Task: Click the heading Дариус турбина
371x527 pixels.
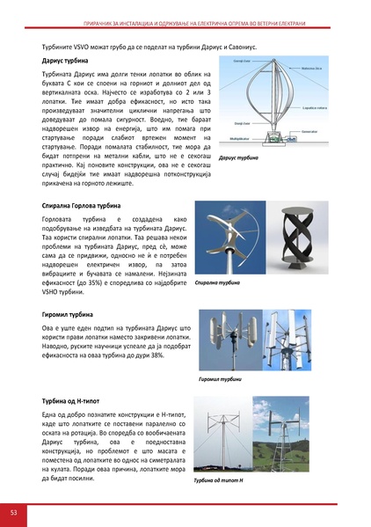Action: (62, 62)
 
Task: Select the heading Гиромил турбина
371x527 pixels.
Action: (66, 312)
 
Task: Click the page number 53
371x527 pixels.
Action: (14, 511)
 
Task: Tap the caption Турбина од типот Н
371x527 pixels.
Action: (221, 480)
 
